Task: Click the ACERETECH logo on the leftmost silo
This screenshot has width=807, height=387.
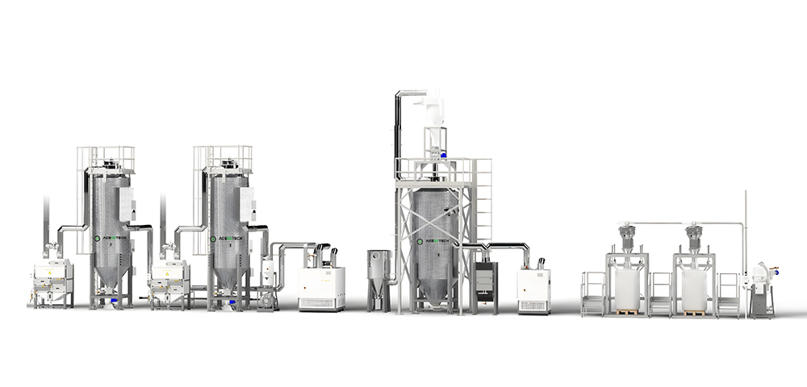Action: (107, 239)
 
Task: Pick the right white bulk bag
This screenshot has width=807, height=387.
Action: (694, 288)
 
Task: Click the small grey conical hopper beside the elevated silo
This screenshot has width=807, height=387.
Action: (377, 277)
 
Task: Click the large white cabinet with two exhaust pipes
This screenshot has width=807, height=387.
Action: (321, 286)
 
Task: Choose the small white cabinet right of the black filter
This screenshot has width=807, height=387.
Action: (533, 289)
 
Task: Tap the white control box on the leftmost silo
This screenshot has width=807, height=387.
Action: (127, 203)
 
